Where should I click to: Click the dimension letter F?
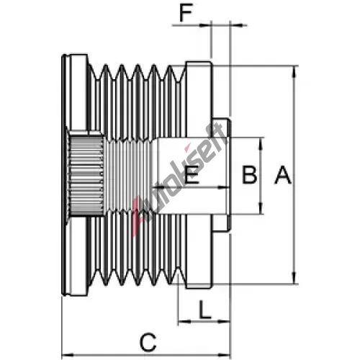pyautogui.click(x=186, y=12)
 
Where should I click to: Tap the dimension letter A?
pyautogui.click(x=283, y=175)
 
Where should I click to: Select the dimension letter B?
pyautogui.click(x=249, y=175)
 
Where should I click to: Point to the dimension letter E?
pyautogui.click(x=192, y=174)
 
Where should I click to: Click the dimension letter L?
pyautogui.click(x=205, y=310)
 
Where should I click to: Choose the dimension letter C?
pyautogui.click(x=148, y=342)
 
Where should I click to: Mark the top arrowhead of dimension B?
pyautogui.click(x=261, y=144)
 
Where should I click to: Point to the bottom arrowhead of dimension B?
pyautogui.click(x=261, y=208)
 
